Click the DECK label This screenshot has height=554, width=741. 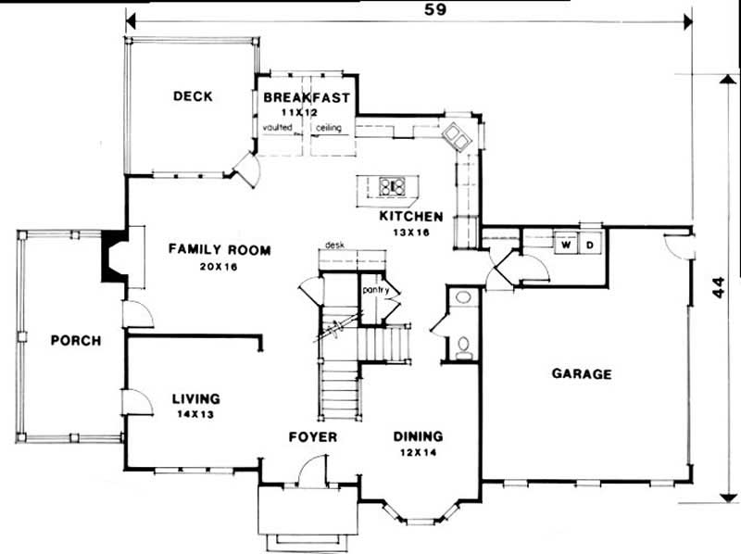[193, 95]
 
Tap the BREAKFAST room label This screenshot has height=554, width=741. [306, 97]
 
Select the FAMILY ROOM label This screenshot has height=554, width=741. [220, 249]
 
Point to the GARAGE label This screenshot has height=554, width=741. [582, 374]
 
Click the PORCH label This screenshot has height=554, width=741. [76, 340]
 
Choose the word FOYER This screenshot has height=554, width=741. [311, 436]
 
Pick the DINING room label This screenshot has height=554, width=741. [418, 436]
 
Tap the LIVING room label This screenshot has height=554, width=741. [195, 399]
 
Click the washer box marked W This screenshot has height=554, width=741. [564, 245]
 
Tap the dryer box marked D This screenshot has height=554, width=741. [590, 245]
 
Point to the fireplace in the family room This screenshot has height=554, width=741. [116, 256]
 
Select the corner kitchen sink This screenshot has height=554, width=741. [457, 137]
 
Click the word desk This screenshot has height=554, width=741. [335, 246]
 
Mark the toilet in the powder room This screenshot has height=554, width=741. [463, 347]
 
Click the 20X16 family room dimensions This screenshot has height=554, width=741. [220, 265]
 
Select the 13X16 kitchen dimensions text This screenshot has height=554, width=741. [411, 233]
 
